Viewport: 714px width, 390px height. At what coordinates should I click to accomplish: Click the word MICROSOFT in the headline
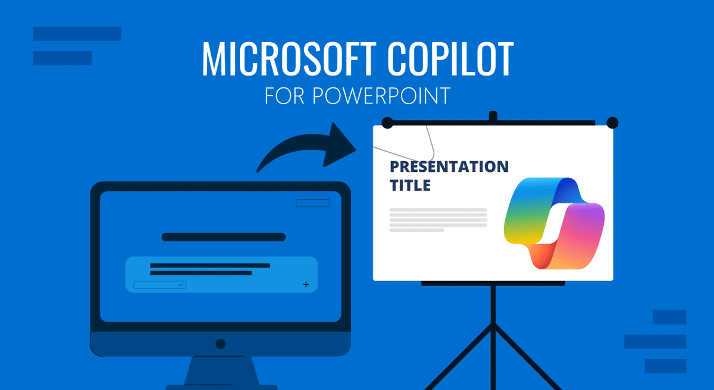tap(289, 59)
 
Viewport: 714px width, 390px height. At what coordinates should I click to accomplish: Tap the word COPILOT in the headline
tap(450, 59)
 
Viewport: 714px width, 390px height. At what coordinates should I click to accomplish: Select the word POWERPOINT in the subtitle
tap(381, 96)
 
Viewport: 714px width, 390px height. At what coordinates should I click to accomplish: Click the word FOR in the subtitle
tap(284, 96)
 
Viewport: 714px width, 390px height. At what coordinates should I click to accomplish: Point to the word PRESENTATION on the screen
tap(449, 166)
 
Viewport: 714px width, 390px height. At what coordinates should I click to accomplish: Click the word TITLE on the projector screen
tap(410, 185)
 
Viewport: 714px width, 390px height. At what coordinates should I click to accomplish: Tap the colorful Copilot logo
tap(555, 223)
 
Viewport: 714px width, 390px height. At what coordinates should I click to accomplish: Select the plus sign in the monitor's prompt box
tap(306, 284)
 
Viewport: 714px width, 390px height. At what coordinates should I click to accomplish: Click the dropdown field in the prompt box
tap(159, 285)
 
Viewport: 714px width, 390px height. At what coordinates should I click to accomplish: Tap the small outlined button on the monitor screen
tap(313, 203)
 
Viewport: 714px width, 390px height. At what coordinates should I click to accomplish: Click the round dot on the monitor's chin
tap(221, 344)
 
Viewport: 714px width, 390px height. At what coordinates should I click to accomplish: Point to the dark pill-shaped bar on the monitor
tap(224, 237)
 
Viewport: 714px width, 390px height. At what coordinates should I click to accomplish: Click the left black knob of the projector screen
tap(387, 123)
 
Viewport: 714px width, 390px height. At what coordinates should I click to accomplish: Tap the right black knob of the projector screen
tap(612, 123)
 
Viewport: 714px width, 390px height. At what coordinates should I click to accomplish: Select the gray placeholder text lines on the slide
tap(439, 220)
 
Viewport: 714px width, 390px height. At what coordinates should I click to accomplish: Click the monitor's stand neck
tap(222, 370)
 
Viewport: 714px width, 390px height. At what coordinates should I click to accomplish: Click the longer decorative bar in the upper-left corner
tap(77, 34)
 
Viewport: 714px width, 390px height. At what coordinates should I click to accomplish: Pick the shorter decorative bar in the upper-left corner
tap(62, 58)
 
